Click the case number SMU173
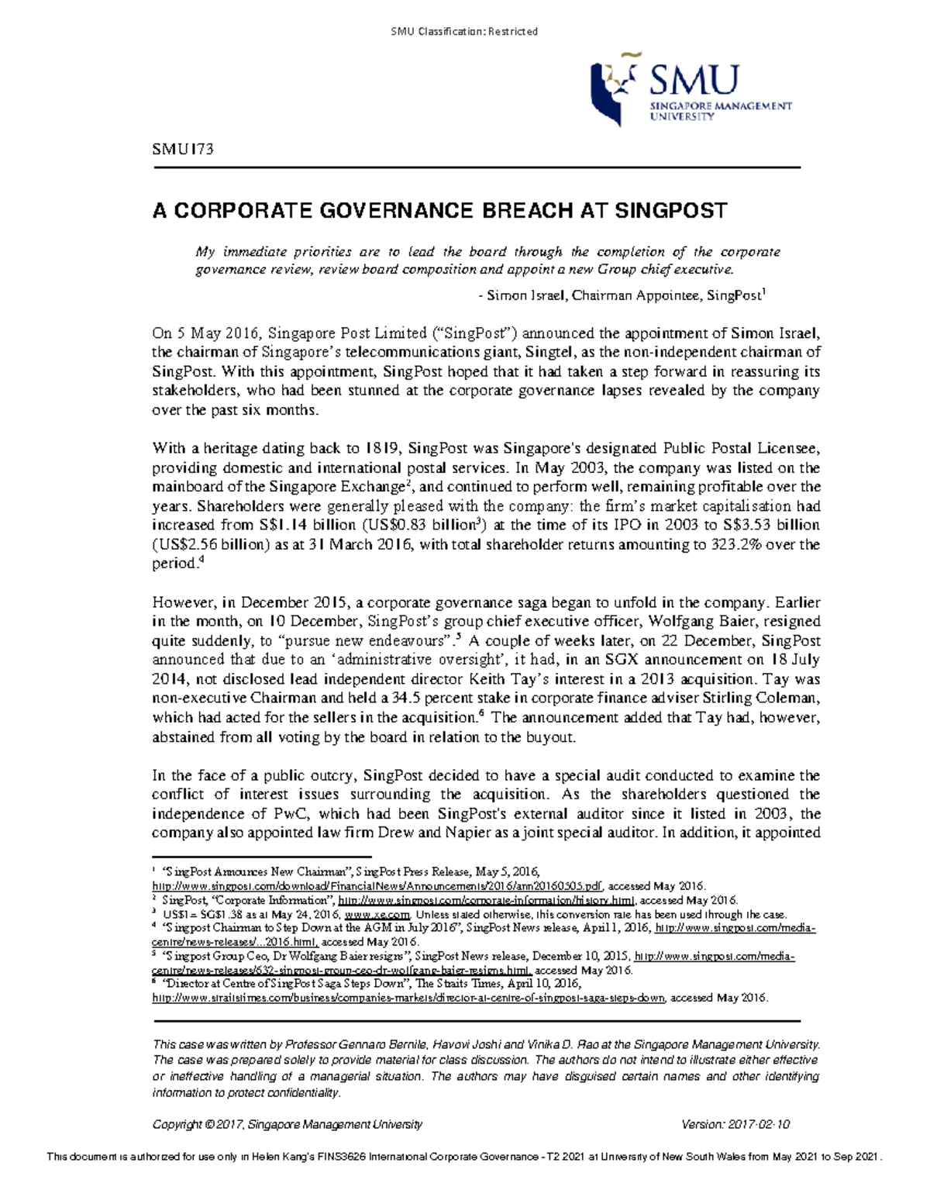[183, 150]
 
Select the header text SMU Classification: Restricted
[464, 31]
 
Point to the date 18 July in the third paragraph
[794, 660]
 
